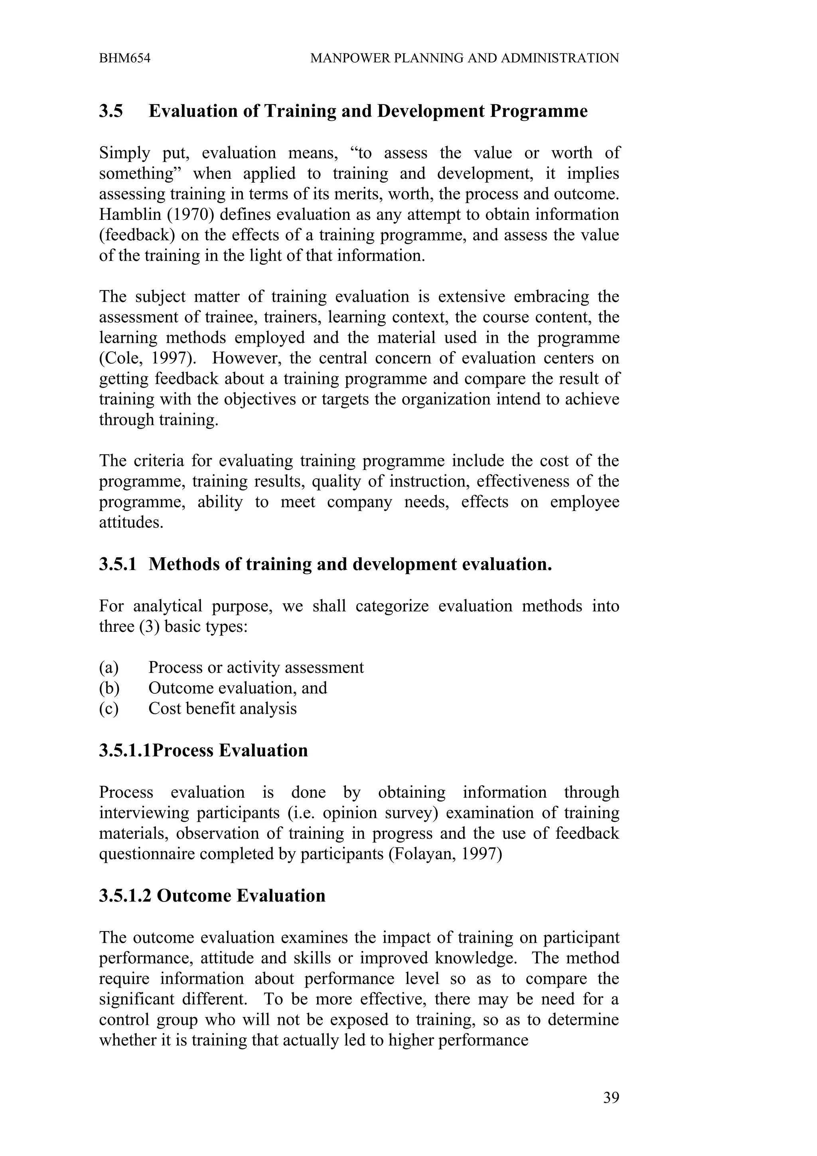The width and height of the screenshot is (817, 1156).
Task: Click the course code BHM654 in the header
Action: (x=124, y=58)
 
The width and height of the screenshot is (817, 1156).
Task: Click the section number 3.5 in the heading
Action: (x=111, y=111)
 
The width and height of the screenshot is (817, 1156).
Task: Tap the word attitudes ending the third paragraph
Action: (x=130, y=523)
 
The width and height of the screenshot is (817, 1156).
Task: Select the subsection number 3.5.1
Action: (x=117, y=564)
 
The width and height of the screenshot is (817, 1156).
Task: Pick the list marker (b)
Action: (x=109, y=688)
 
